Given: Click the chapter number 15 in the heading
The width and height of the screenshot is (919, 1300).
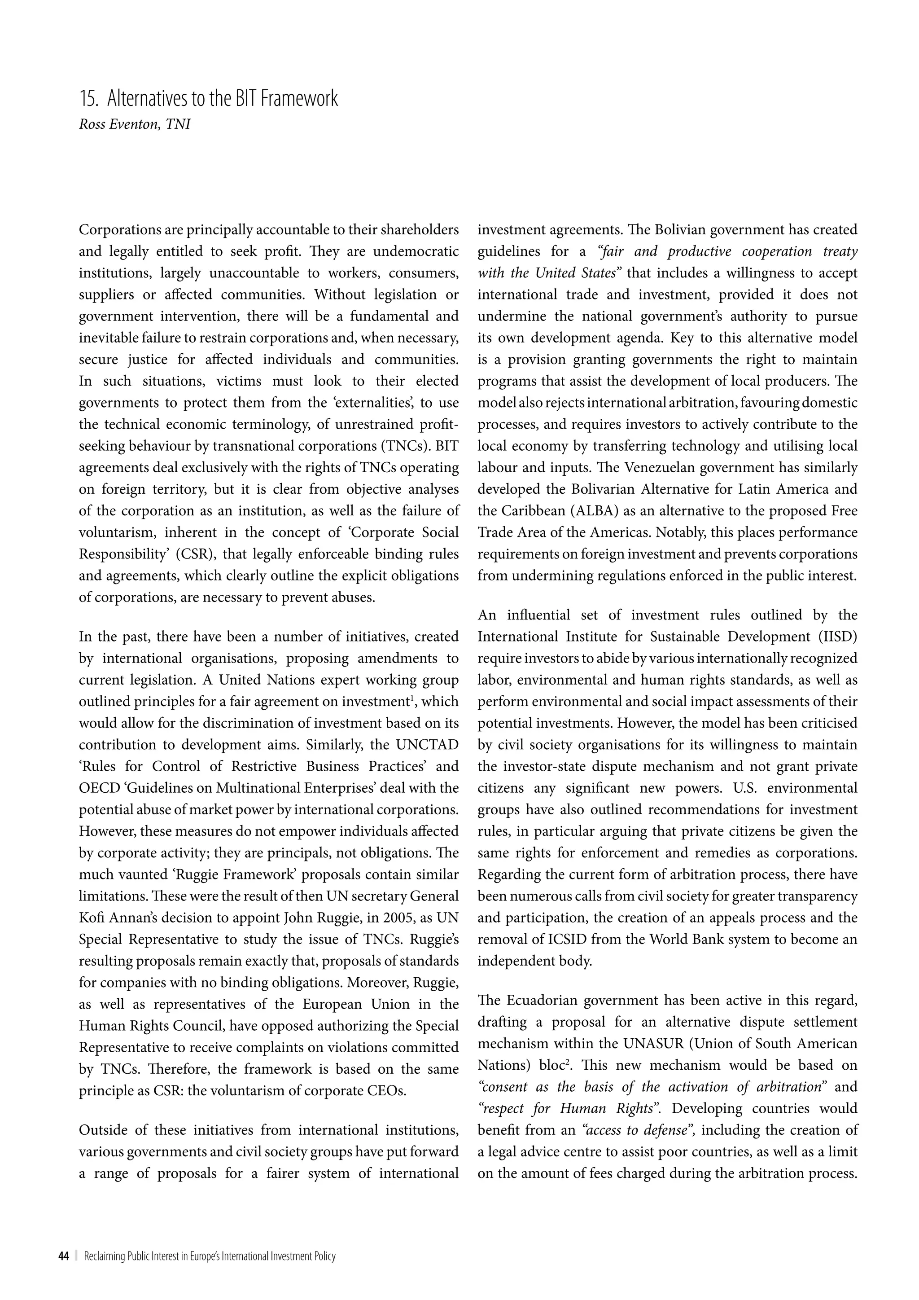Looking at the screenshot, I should click(x=88, y=99).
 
